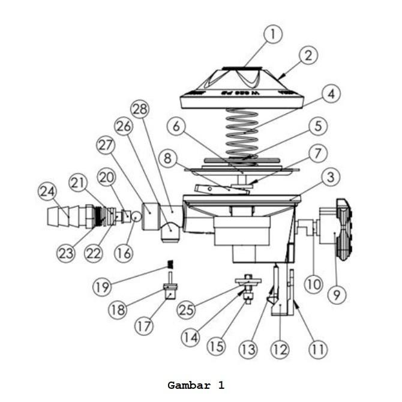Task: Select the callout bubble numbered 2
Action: click(307, 56)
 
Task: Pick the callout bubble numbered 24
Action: click(47, 191)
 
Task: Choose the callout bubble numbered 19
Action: click(102, 287)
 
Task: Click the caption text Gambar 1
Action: click(196, 385)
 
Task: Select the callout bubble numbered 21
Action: click(78, 183)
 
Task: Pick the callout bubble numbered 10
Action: click(313, 283)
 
